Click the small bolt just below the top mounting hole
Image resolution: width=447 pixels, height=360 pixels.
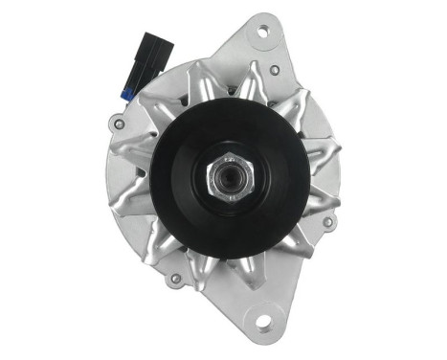tap(276, 70)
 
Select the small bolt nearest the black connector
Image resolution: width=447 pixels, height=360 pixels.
tap(118, 122)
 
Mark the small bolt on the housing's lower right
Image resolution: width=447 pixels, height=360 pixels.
tap(328, 222)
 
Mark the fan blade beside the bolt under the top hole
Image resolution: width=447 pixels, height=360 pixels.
tap(258, 81)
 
